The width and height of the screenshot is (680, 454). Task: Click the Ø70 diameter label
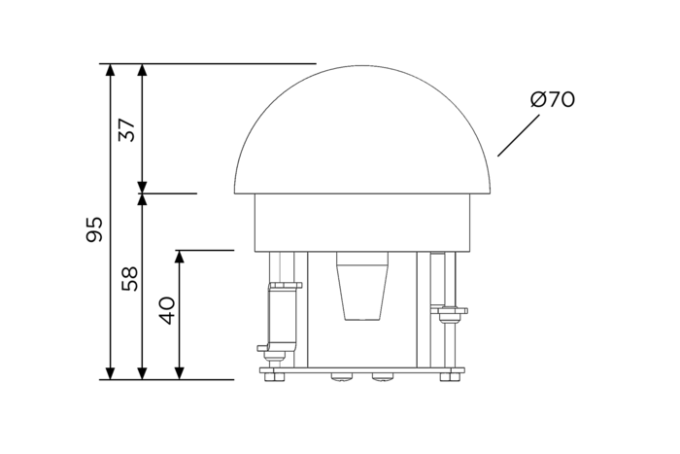pos(553,99)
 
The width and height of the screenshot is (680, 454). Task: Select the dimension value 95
pos(94,229)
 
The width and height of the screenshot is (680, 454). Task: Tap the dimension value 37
pos(127,129)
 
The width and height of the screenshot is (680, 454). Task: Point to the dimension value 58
pos(129,279)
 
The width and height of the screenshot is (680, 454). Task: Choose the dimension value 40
pos(166,310)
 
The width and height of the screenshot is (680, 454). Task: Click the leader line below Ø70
pos(519,135)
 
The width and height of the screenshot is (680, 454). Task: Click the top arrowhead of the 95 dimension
pos(111,70)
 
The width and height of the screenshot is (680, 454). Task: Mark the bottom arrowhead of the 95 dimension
pos(111,373)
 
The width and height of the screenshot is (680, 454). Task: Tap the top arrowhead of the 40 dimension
pos(179,257)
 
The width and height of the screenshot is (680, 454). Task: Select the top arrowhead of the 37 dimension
pos(142,70)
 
